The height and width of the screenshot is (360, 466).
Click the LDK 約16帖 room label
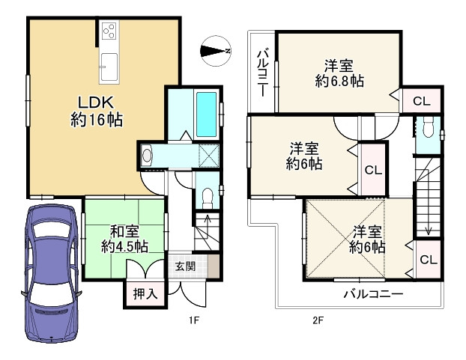point(96,112)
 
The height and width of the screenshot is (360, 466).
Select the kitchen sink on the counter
point(109,67)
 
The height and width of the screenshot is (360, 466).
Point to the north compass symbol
point(216,51)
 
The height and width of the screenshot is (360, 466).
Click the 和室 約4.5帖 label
point(124,240)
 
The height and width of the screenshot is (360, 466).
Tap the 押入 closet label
point(145,294)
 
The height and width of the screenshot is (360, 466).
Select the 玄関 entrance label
point(185,266)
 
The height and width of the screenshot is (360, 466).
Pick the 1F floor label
point(194,320)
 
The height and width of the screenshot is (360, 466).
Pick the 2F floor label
point(318,320)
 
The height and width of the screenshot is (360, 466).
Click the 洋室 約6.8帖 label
point(339,73)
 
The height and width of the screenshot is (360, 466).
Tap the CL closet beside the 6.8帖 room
point(422,102)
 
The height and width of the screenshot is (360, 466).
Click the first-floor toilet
point(207,198)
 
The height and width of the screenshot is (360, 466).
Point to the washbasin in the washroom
point(147,155)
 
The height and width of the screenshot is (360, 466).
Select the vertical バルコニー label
point(263,73)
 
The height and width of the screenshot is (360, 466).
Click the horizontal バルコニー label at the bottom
point(374,294)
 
